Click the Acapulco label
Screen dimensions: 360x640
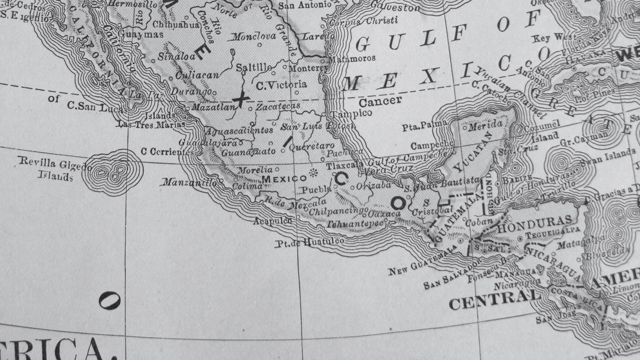(x=272, y=221)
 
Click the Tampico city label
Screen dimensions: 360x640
(x=351, y=114)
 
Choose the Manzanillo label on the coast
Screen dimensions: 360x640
(x=189, y=182)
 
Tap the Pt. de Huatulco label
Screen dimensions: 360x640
(x=310, y=243)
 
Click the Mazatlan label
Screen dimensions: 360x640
(x=214, y=107)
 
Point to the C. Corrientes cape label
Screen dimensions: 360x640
(x=167, y=152)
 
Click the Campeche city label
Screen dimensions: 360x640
(x=431, y=145)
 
